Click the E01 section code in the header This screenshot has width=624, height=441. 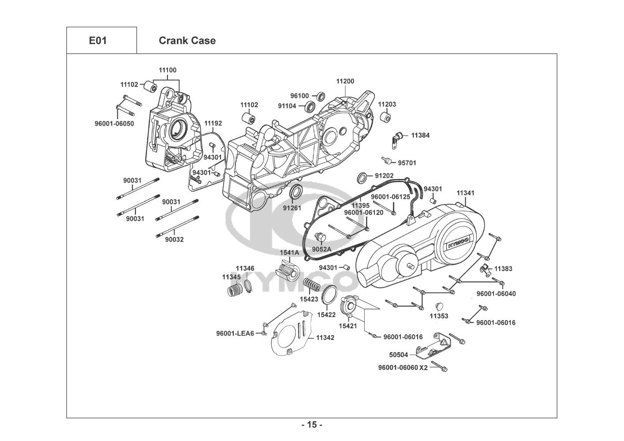[x=97, y=41]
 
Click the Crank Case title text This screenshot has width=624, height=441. [x=187, y=41]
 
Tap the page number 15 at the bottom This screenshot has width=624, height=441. [x=312, y=425]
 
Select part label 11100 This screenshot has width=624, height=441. [x=168, y=70]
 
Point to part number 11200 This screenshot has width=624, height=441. [x=345, y=81]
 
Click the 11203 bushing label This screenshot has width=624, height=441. [x=387, y=105]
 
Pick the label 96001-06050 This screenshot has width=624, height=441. [x=114, y=123]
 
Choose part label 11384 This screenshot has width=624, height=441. [x=420, y=135]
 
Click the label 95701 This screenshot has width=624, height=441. [x=407, y=163]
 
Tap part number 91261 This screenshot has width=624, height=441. [x=292, y=208]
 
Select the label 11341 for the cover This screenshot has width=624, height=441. [x=465, y=193]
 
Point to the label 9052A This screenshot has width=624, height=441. [x=321, y=249]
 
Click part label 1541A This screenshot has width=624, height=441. [x=289, y=253]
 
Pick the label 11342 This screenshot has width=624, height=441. [x=325, y=338]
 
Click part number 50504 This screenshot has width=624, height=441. [x=398, y=355]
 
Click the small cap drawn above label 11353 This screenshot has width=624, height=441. [x=439, y=306]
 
